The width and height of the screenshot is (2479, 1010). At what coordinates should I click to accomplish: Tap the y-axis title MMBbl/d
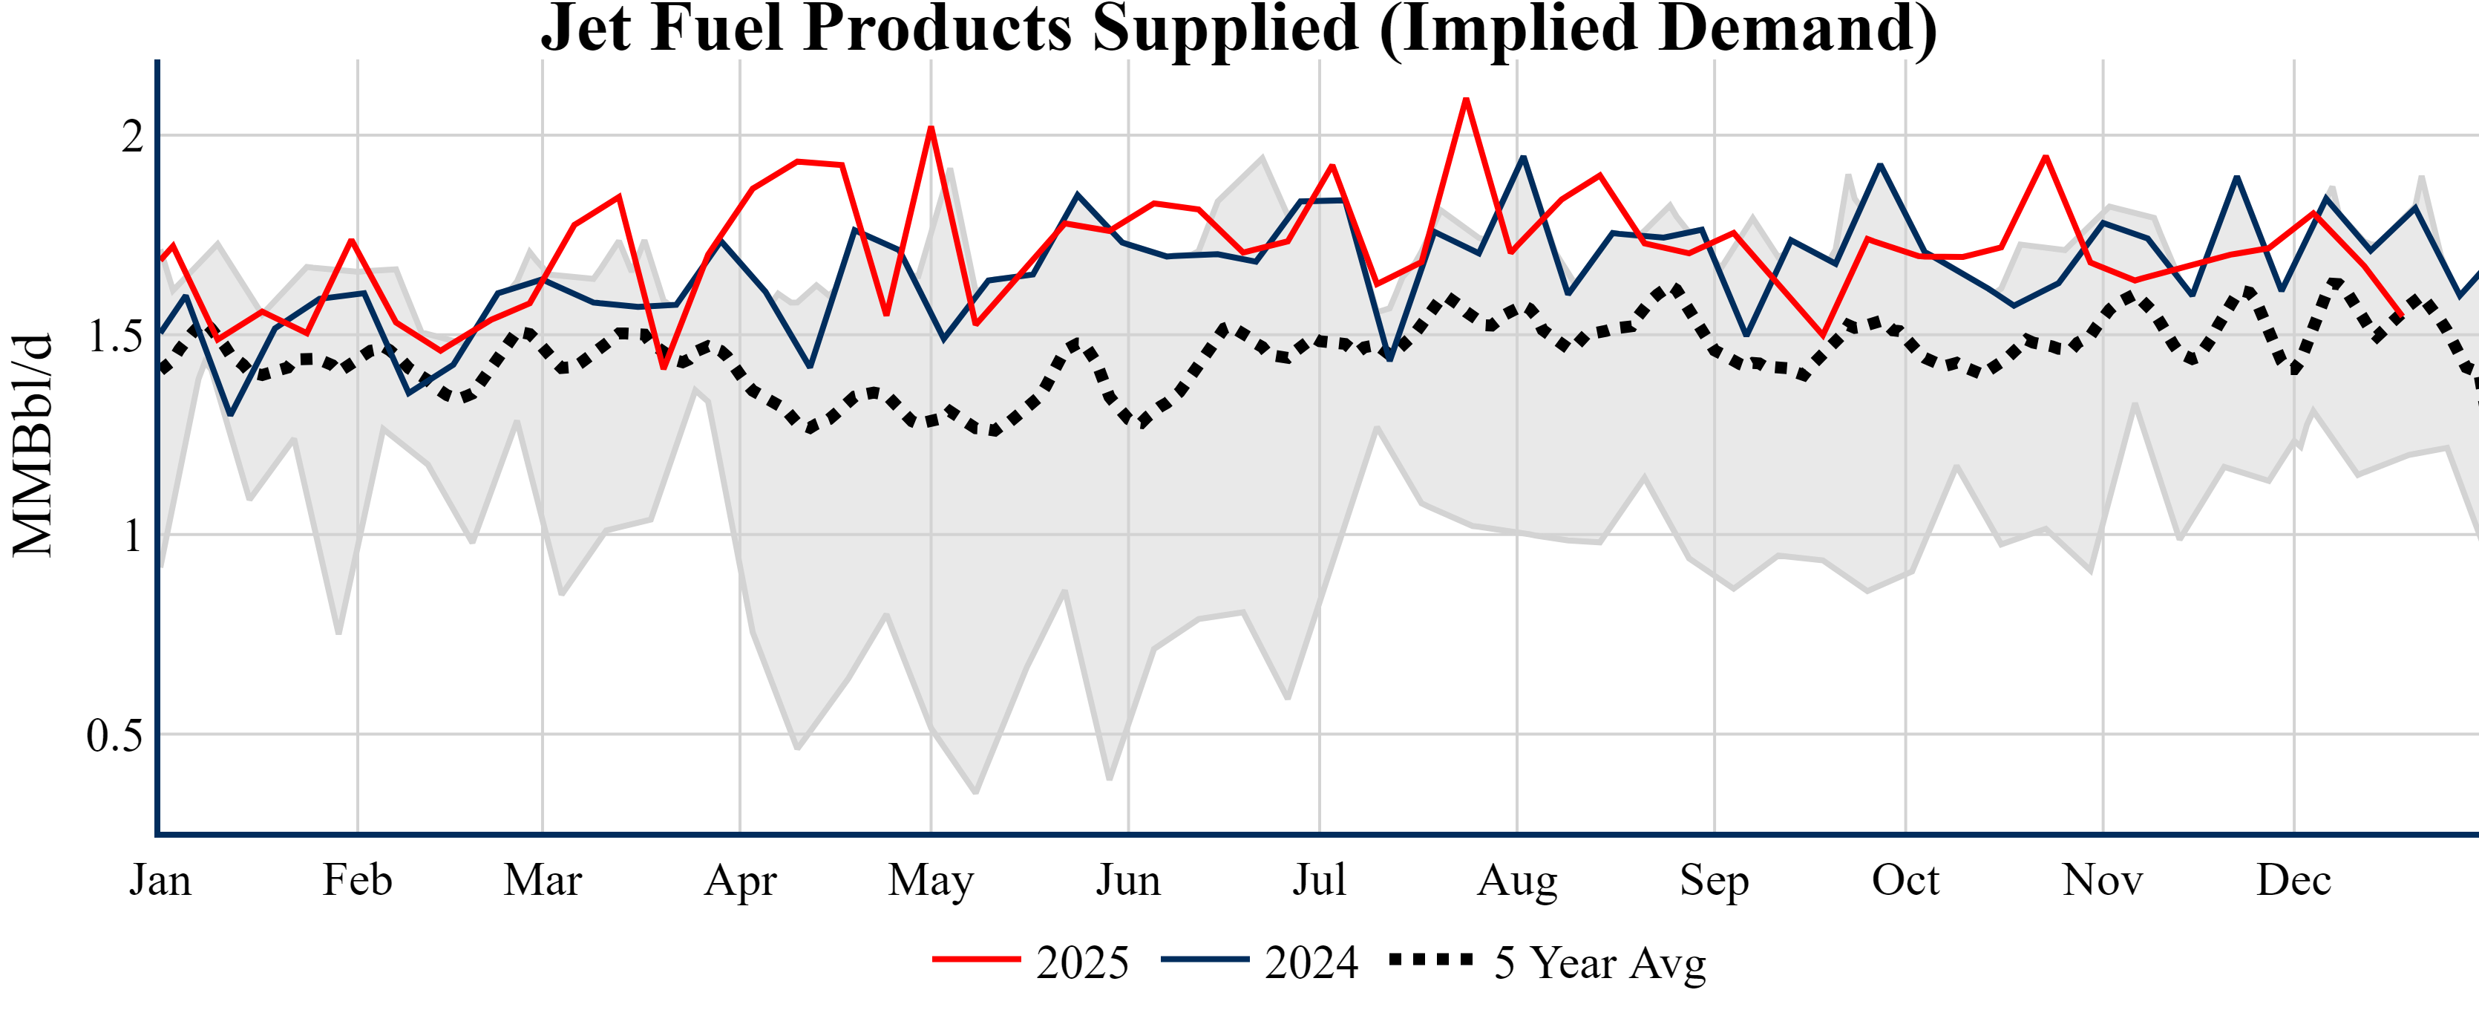pos(33,446)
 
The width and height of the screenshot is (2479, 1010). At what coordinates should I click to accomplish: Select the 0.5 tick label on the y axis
pos(114,736)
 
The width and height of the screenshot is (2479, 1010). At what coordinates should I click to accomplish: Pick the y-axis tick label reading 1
pos(133,536)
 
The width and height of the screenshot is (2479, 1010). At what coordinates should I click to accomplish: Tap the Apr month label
pos(739,880)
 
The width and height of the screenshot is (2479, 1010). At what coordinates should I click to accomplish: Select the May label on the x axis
pos(931,880)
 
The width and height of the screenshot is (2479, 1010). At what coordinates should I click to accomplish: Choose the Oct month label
pos(1905,880)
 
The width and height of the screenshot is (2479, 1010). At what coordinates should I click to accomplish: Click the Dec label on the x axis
pos(2293,880)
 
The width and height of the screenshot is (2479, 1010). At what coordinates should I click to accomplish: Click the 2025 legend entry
pos(1031,962)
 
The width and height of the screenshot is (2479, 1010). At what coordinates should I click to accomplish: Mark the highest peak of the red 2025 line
pos(1466,100)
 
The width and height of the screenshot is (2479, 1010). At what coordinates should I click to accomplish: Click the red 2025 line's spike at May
pos(931,128)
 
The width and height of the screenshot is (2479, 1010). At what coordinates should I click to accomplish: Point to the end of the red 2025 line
pos(2402,315)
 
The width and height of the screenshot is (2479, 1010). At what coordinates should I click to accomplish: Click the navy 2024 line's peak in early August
pos(1523,157)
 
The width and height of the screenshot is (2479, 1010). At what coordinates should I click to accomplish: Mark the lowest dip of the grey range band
pos(976,792)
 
